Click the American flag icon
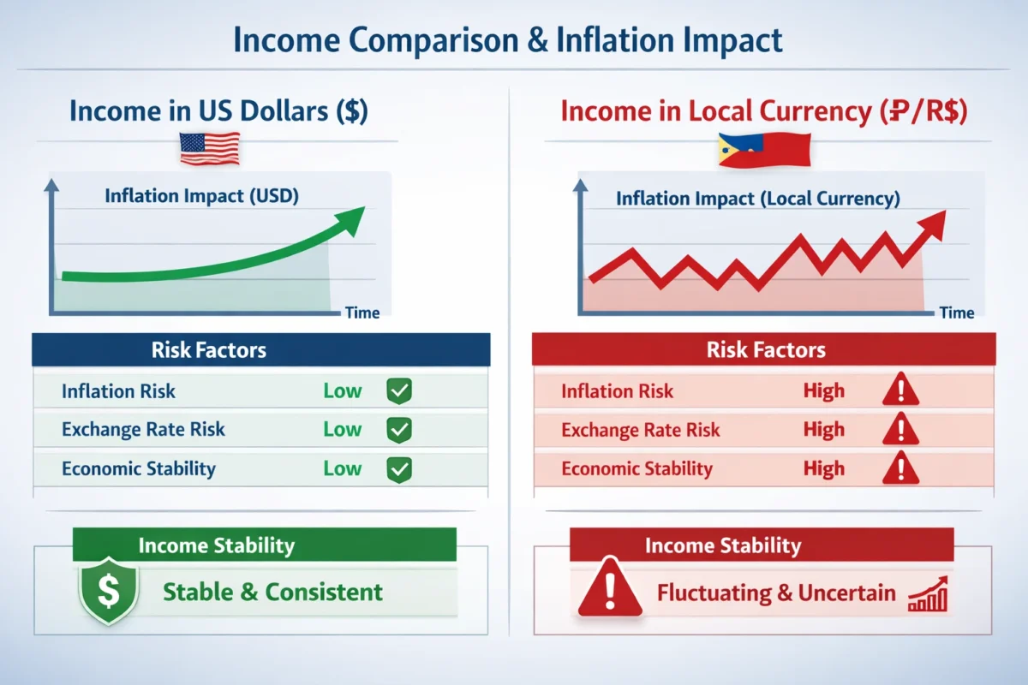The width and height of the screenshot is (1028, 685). tap(210, 149)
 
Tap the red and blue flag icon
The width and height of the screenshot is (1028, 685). tap(764, 150)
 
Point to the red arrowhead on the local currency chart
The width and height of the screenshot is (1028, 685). tap(932, 225)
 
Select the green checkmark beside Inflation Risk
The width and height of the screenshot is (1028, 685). tap(399, 391)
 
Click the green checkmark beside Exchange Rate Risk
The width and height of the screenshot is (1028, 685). tap(399, 430)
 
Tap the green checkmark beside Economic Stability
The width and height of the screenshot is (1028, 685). tap(399, 469)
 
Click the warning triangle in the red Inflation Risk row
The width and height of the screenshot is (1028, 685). tap(900, 390)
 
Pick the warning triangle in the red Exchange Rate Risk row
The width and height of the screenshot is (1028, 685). tap(900, 429)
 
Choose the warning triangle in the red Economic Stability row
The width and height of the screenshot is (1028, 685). tap(900, 468)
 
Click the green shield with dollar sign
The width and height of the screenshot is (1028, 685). tap(109, 591)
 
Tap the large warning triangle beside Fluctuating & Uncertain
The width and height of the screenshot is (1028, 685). tap(610, 588)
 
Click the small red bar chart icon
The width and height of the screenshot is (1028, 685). tap(928, 594)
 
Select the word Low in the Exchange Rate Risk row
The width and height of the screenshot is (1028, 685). tap(343, 430)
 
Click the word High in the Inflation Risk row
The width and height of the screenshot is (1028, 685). tap(824, 391)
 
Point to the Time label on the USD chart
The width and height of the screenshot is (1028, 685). tap(362, 313)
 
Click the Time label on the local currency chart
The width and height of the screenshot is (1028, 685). tap(957, 313)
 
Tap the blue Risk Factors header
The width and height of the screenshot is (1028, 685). tap(260, 349)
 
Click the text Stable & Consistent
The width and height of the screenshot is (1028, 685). tap(272, 592)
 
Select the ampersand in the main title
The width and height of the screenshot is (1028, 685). tap(537, 40)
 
